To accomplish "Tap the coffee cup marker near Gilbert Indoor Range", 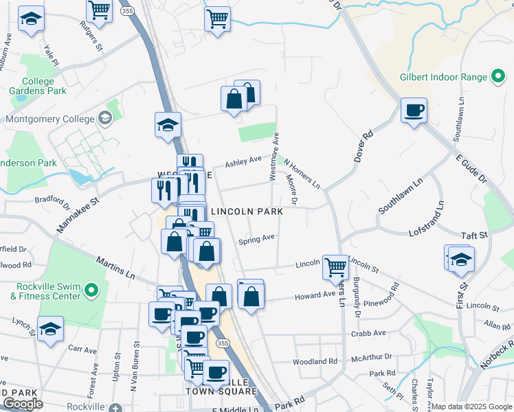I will (414, 111).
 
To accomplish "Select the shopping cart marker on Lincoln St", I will (335, 266).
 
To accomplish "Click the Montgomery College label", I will (49, 119).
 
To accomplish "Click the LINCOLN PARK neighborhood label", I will (247, 212).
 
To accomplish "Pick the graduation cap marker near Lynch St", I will (50, 330).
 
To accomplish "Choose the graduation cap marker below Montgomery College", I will (168, 126).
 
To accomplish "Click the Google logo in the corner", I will (23, 404).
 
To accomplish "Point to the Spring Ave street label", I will (256, 240).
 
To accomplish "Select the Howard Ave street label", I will (315, 296).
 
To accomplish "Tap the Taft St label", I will (473, 235).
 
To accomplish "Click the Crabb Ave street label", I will (369, 333).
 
